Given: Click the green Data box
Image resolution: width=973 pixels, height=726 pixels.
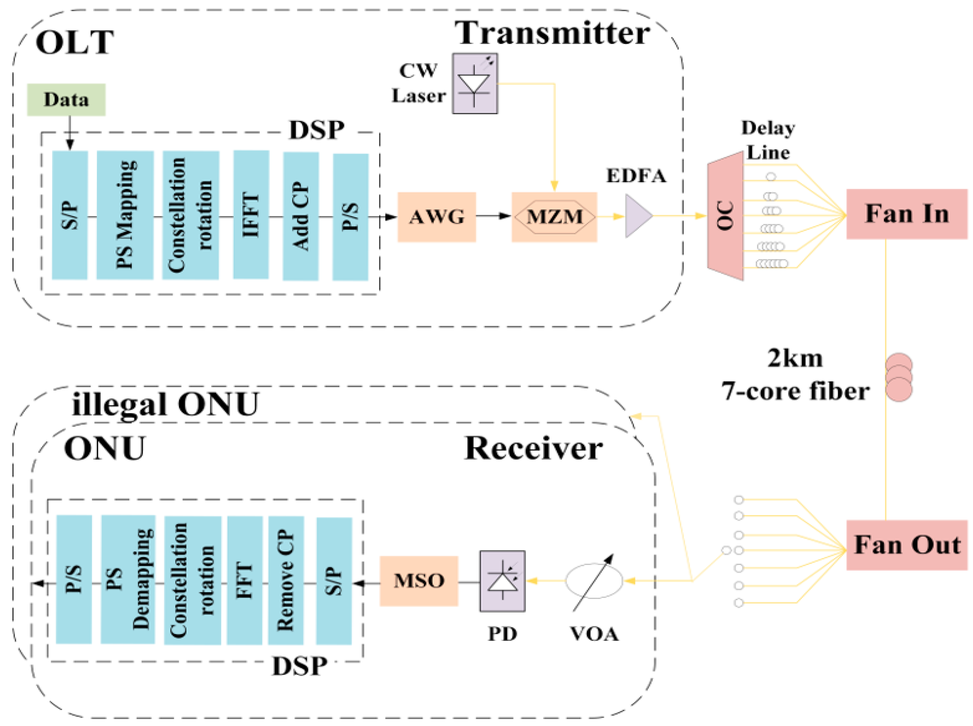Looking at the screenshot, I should tap(66, 100).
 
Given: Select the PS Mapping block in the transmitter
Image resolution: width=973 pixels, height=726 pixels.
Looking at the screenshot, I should tap(125, 215).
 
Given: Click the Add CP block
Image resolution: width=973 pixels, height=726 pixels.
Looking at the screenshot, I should tap(300, 216).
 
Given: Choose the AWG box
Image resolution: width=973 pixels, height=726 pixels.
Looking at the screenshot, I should tap(436, 217).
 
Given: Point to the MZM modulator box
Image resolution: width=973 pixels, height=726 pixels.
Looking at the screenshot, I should tap(554, 217).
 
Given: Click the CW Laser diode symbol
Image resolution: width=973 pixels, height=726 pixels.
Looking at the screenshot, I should tap(475, 83).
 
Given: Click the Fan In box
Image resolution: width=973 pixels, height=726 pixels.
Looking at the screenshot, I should tap(906, 214).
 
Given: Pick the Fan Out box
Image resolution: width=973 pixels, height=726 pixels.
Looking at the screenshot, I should tap(906, 545).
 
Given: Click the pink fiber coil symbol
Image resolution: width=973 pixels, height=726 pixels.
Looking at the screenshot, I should tap(898, 377).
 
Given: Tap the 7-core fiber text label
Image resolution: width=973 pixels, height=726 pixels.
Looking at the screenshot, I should tap(795, 391).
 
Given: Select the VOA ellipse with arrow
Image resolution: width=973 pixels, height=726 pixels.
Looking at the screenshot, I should tap(594, 581).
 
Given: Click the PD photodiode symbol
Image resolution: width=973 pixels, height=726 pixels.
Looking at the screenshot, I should tap(502, 581).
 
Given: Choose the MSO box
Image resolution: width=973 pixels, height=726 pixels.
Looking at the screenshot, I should tap(419, 581).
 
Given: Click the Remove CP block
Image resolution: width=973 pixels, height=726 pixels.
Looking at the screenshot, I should tap(286, 580).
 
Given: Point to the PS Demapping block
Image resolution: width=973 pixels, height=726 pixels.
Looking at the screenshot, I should tap(127, 579).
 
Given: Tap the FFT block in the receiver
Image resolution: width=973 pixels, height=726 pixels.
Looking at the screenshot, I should tap(245, 580).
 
